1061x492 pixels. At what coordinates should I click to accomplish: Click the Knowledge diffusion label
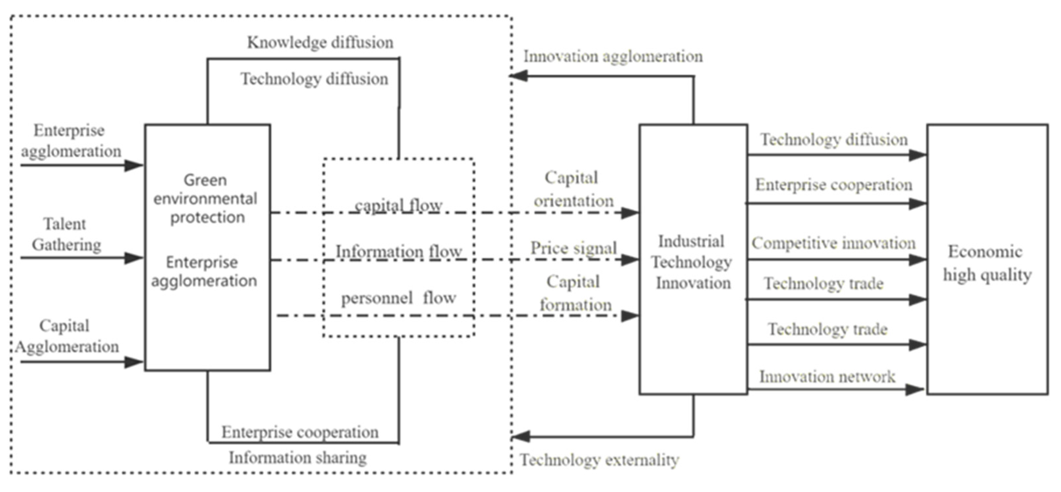(320, 43)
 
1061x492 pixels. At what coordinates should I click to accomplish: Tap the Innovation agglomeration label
(613, 56)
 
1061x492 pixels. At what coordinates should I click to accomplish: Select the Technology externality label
(599, 460)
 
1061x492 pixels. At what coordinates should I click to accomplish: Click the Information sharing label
(298, 457)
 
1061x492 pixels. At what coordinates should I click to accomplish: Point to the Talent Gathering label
(66, 234)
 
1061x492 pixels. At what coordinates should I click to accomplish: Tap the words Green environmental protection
(206, 199)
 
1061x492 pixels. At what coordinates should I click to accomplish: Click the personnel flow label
(398, 298)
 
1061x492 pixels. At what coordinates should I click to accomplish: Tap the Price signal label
(573, 248)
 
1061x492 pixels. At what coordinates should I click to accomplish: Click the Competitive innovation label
(833, 243)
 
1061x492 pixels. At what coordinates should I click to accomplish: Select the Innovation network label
(827, 377)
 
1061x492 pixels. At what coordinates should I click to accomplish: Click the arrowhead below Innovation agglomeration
(518, 76)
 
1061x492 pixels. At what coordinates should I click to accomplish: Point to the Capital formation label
(574, 293)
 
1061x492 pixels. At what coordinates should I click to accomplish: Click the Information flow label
(398, 251)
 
